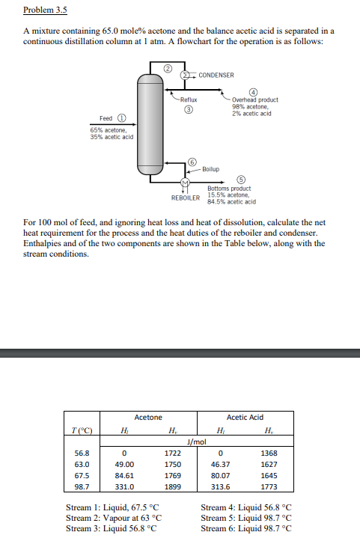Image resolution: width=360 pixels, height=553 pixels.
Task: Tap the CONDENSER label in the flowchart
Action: coord(216,76)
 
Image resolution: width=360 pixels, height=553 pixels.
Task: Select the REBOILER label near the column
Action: coord(186,198)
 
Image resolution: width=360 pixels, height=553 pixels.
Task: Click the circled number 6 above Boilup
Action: coord(192,162)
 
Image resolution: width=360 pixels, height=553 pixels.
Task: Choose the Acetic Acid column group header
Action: coord(244,418)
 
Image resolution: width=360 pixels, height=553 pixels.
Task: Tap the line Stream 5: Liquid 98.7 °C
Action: coord(246,518)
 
